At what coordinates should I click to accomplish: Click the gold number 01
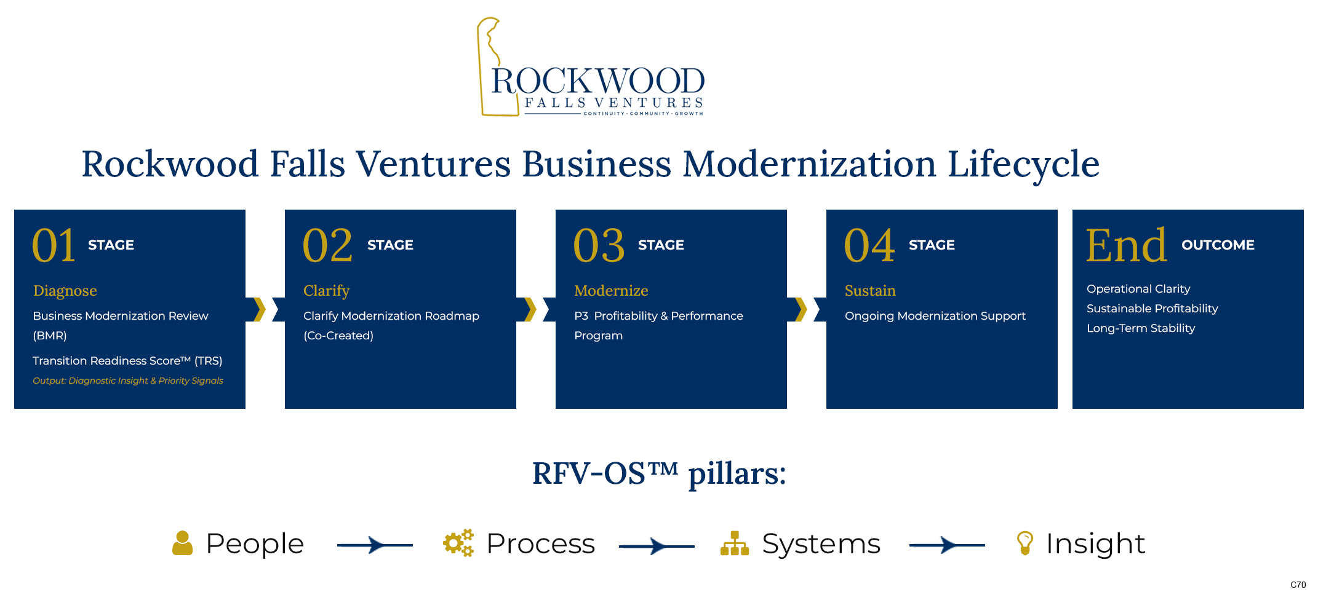pyautogui.click(x=54, y=245)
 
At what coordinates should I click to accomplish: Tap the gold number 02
pyautogui.click(x=327, y=245)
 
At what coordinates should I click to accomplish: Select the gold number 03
pyautogui.click(x=599, y=245)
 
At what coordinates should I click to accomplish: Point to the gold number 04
pyautogui.click(x=869, y=245)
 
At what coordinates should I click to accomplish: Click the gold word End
pyautogui.click(x=1126, y=245)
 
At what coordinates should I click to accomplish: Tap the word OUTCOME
pyautogui.click(x=1218, y=245)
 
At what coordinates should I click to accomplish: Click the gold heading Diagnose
pyautogui.click(x=65, y=291)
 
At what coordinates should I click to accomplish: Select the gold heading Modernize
pyautogui.click(x=611, y=290)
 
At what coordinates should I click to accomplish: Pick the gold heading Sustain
pyautogui.click(x=870, y=290)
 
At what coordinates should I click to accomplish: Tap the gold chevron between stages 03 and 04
pyautogui.click(x=801, y=309)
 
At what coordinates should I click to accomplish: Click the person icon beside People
pyautogui.click(x=183, y=543)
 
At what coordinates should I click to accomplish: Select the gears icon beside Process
pyautogui.click(x=458, y=543)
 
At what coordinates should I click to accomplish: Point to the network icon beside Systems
pyautogui.click(x=735, y=543)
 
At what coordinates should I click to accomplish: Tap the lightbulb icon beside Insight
pyautogui.click(x=1025, y=543)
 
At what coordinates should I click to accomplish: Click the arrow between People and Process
pyautogui.click(x=375, y=545)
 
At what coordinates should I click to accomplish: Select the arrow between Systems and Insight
pyautogui.click(x=947, y=545)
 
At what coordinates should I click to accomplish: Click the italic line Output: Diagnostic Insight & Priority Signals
pyautogui.click(x=128, y=381)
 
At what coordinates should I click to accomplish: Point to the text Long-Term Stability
pyautogui.click(x=1141, y=328)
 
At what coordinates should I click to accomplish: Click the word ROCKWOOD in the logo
pyautogui.click(x=598, y=81)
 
